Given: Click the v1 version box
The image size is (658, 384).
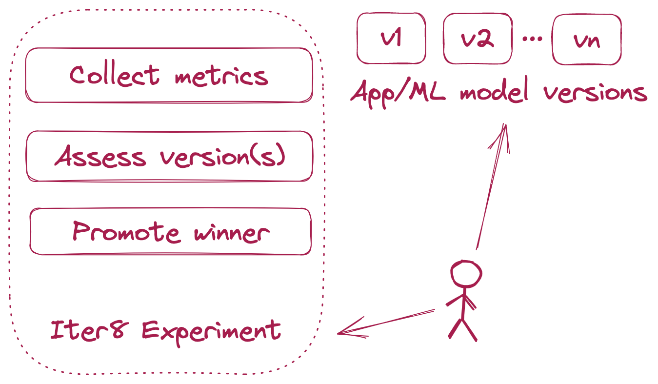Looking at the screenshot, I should [391, 39].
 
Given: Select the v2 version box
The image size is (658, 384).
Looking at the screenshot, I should [478, 39].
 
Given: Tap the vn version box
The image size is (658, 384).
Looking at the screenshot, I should [586, 40].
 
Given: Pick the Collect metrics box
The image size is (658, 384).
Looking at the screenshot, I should [168, 75].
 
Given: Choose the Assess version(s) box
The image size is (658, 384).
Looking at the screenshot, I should [168, 156].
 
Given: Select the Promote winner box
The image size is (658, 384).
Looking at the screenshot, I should [170, 231].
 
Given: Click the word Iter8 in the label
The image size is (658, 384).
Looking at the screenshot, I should [89, 330].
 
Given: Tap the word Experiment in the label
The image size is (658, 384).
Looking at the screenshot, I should [211, 331].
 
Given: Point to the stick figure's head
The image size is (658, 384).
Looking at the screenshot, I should [465, 275].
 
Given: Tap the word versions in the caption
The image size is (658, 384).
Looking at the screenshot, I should [595, 93].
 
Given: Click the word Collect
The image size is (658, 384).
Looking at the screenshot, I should [114, 75].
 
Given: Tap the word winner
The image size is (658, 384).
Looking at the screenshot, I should [231, 232].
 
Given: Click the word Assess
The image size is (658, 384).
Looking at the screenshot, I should [100, 157].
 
